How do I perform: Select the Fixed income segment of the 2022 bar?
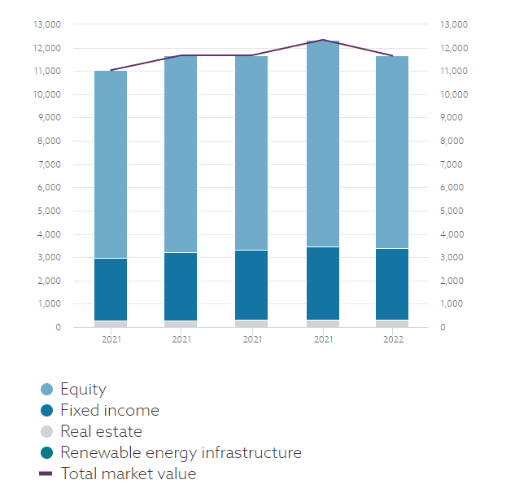coord(392,284)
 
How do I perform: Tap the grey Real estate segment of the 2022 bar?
coord(392,324)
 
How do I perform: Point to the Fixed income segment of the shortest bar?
coord(111,290)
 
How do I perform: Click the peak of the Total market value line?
coord(322,40)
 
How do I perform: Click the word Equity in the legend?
coord(83,390)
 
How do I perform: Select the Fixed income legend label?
coord(110,411)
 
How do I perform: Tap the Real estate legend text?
coord(101,432)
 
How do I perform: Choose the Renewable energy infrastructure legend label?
coord(181,453)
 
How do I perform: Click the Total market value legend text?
coord(128,473)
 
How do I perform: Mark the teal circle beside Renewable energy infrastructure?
coord(46,453)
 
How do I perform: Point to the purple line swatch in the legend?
coord(46,473)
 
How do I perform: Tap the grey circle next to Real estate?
coord(46,432)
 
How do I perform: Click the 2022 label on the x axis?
coord(392,339)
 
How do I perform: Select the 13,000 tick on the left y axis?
coord(47,24)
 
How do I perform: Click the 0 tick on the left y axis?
coord(58,328)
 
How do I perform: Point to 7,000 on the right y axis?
coord(450,164)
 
